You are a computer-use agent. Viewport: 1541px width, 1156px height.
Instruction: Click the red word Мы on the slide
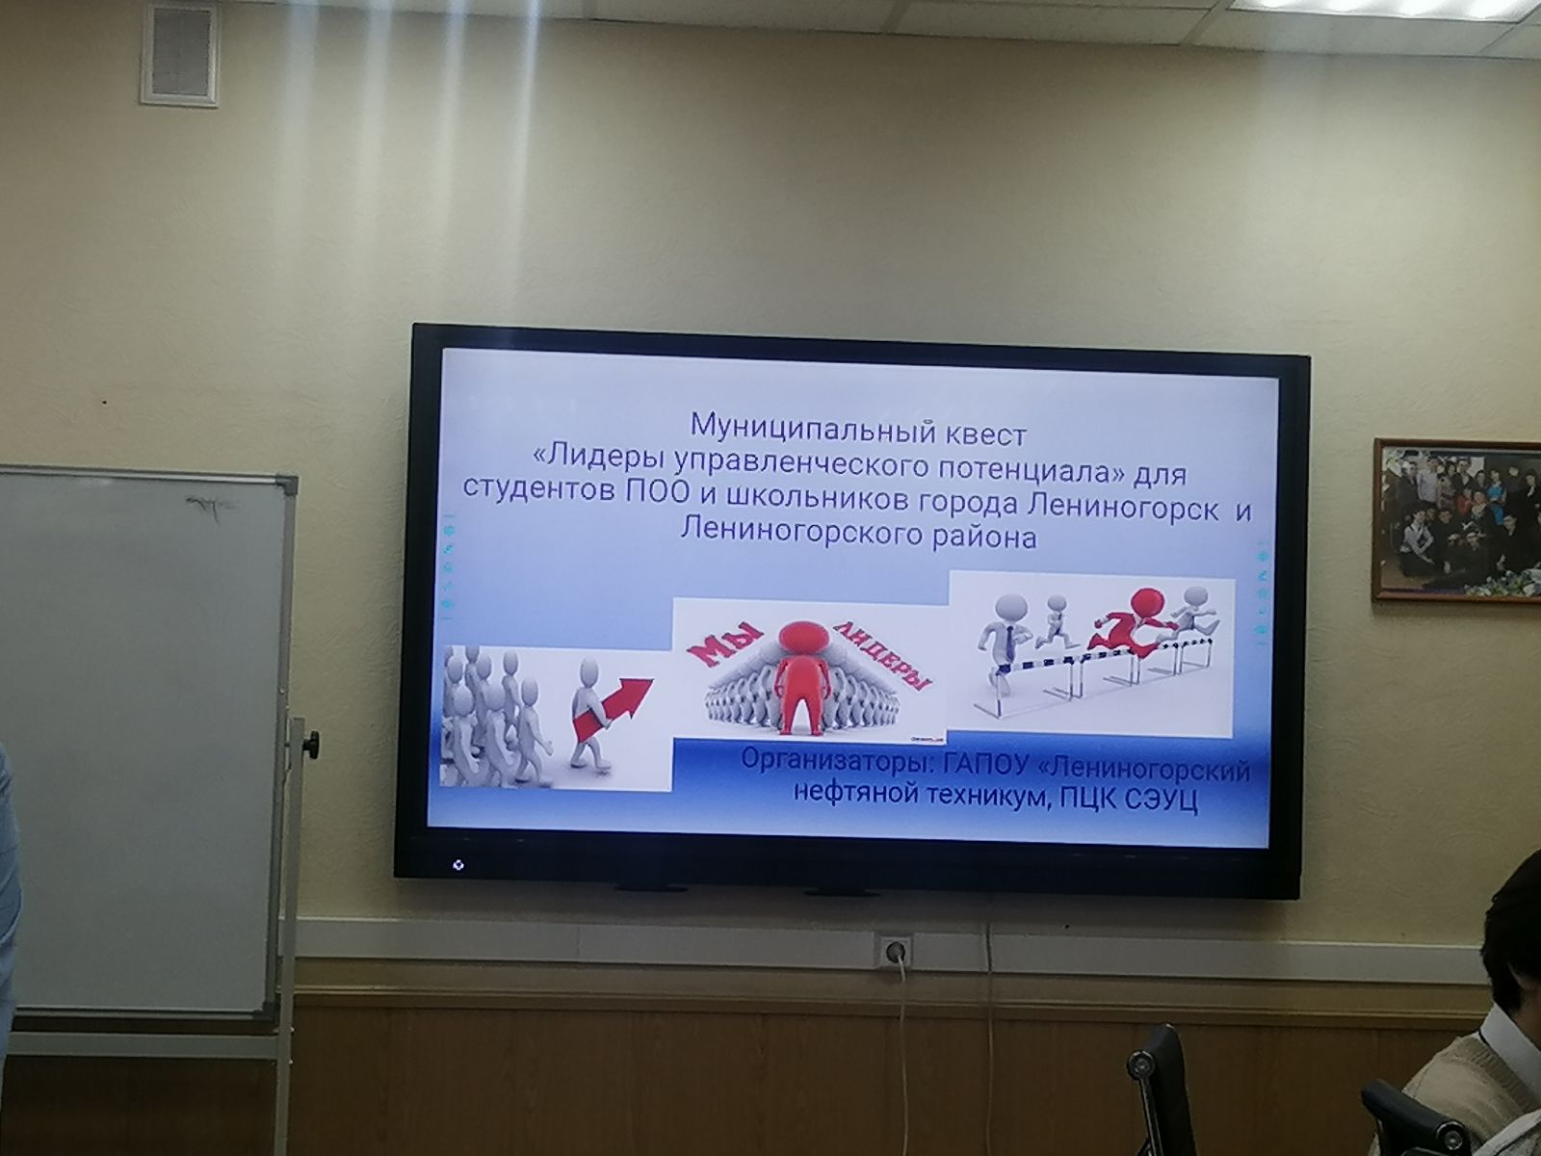tap(724, 645)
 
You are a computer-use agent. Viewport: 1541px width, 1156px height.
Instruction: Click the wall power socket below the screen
tap(894, 952)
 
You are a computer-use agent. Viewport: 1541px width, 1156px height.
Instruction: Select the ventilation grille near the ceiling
tap(181, 56)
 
